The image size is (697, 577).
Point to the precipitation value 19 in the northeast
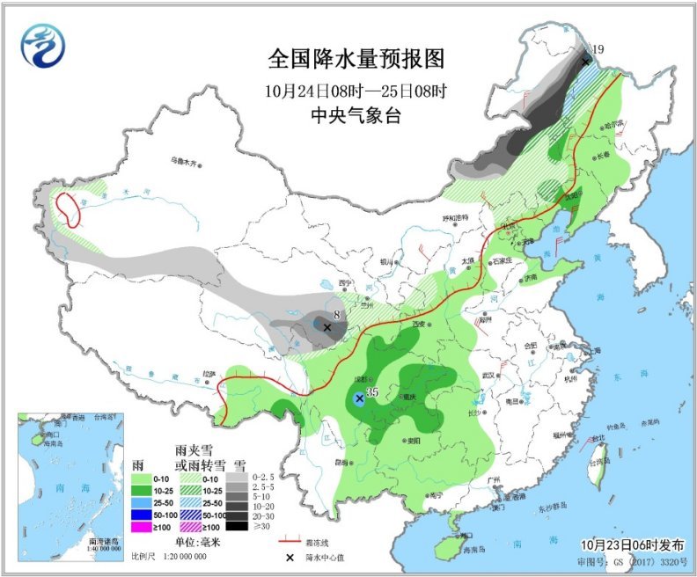pyautogui.click(x=598, y=49)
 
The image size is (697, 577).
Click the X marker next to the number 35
pyautogui.click(x=359, y=398)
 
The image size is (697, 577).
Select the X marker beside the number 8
pyautogui.click(x=326, y=327)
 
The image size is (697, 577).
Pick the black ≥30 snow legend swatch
pyautogui.click(x=238, y=526)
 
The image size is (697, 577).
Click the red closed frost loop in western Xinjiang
pyautogui.click(x=66, y=208)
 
